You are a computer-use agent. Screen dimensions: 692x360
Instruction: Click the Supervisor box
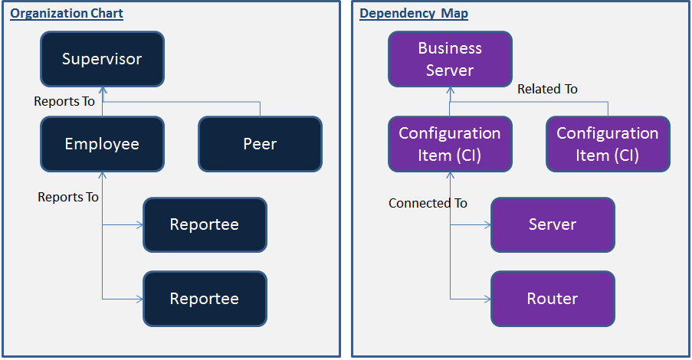[103, 59]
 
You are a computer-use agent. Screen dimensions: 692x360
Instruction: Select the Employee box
[103, 144]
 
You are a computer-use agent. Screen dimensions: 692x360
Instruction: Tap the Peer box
[261, 144]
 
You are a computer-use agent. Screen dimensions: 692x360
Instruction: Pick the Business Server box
[450, 59]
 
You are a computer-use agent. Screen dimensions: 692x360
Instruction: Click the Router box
[553, 299]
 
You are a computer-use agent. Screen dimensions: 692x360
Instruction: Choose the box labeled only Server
[553, 225]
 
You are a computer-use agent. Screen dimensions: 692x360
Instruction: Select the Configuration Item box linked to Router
[450, 144]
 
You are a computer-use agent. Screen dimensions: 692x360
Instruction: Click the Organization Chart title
[67, 14]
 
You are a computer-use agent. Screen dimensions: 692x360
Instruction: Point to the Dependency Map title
[414, 14]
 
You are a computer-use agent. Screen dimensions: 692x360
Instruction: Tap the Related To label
[547, 89]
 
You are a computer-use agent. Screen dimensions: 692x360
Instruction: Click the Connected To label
[428, 203]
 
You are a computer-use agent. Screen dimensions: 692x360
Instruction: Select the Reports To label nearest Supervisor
[64, 101]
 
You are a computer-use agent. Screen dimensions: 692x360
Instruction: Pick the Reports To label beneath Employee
[68, 197]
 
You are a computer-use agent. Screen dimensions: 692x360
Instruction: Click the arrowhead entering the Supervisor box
[103, 90]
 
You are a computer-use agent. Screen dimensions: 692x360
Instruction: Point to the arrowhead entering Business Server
[450, 90]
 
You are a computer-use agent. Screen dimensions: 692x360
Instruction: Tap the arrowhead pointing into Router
[487, 299]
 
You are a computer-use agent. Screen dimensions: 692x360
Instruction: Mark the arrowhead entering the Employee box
[103, 175]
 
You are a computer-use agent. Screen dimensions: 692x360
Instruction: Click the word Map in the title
[454, 14]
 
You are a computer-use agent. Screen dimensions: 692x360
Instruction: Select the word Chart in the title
[107, 14]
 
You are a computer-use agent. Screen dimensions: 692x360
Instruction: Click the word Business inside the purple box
[450, 48]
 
